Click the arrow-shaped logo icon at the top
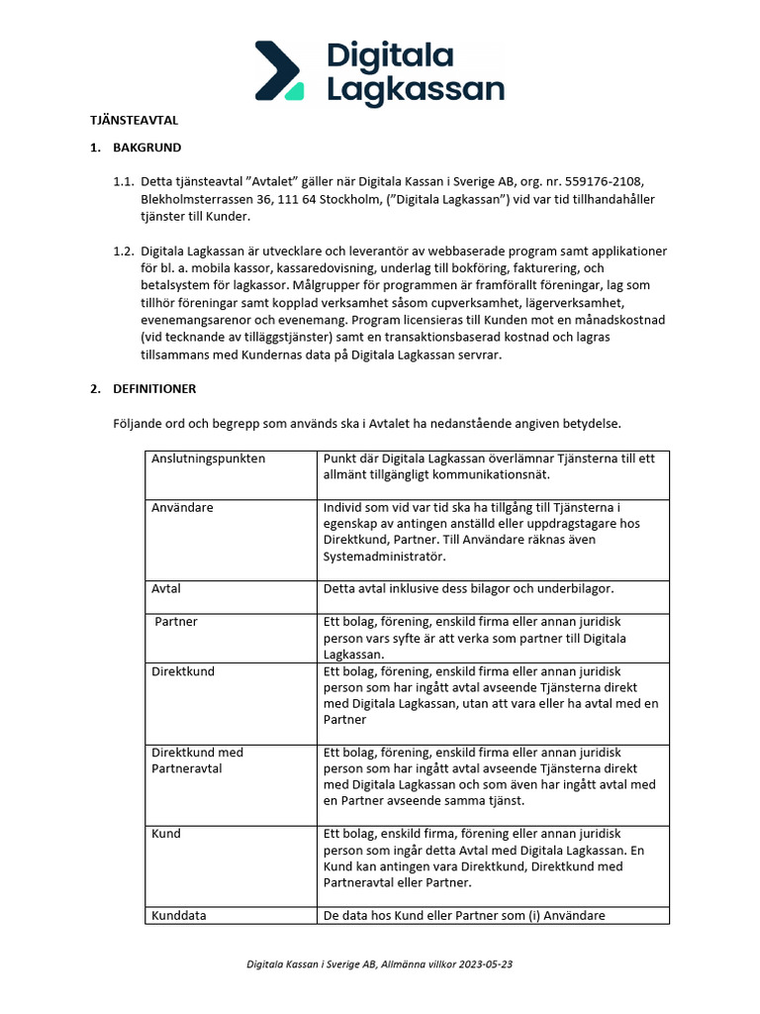(x=281, y=70)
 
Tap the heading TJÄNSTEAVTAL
(x=135, y=120)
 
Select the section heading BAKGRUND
(x=147, y=148)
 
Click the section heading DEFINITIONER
(x=154, y=388)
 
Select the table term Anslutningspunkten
(x=208, y=458)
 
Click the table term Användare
(x=182, y=507)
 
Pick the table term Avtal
(x=166, y=588)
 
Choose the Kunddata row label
(x=178, y=915)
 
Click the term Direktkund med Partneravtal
(x=196, y=760)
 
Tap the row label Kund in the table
(x=166, y=834)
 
